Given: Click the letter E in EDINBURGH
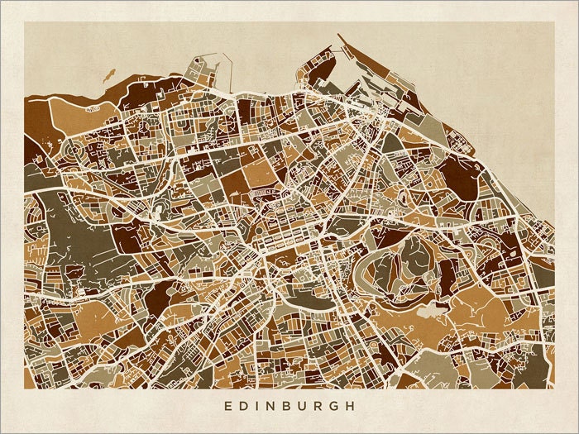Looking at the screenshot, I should click(227, 407).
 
